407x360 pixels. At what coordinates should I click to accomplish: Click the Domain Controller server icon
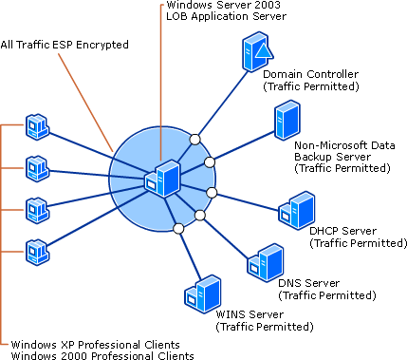[x=257, y=51]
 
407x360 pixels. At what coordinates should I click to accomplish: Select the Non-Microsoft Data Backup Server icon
[x=287, y=120]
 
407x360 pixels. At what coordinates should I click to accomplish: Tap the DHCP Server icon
[x=297, y=210]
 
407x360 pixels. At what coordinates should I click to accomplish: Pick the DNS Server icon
[x=265, y=262]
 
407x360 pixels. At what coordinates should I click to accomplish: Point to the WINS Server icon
[x=202, y=294]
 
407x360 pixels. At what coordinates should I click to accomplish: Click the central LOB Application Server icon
[x=162, y=179]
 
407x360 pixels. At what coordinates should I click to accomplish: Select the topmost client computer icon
[x=37, y=126]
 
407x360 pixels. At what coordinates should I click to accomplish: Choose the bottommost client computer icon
[x=37, y=252]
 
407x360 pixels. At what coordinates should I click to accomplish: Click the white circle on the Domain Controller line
[x=195, y=140]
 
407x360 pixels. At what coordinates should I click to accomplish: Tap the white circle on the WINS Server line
[x=178, y=229]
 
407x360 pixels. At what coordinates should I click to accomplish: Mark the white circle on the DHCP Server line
[x=212, y=193]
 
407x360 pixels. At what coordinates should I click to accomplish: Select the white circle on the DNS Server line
[x=200, y=216]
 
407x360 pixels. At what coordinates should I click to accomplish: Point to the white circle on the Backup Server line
[x=210, y=162]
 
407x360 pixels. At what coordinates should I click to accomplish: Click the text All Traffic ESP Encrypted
[x=65, y=45]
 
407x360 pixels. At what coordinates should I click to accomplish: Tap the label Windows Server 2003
[x=223, y=5]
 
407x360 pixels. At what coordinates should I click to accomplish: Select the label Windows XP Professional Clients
[x=96, y=345]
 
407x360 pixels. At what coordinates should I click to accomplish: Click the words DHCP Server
[x=342, y=231]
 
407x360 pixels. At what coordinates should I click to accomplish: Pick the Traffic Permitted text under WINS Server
[x=265, y=327]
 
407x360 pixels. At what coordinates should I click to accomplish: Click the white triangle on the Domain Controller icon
[x=264, y=50]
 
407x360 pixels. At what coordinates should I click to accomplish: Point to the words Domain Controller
[x=311, y=74]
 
